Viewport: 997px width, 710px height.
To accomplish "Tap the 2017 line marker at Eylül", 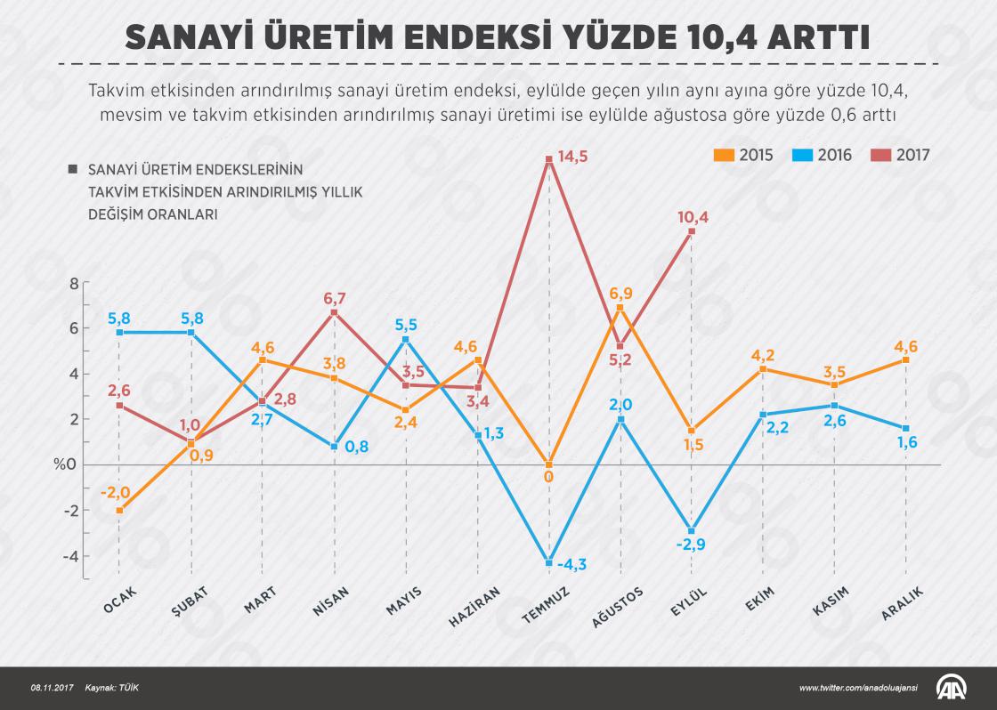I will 692,231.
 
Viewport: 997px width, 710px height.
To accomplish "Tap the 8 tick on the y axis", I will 74,283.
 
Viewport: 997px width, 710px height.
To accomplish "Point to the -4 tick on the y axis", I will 71,556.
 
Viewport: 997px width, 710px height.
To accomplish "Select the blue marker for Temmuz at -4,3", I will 548,562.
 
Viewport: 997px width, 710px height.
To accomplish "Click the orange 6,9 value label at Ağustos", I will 620,294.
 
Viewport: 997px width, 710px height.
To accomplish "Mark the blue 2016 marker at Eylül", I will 692,531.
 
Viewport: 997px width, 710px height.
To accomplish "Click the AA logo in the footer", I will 952,688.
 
